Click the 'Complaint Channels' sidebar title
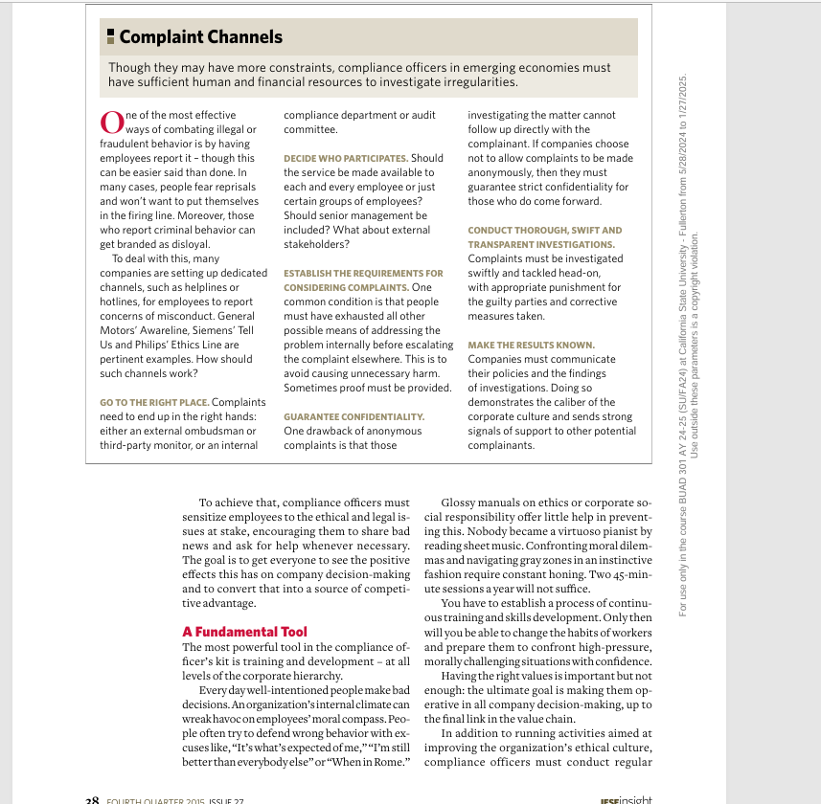coord(200,37)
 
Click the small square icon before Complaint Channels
coord(111,37)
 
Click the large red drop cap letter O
coord(111,123)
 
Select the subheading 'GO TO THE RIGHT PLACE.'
coord(154,402)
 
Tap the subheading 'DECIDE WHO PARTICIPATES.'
coord(346,158)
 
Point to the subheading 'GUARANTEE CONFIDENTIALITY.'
coord(353,416)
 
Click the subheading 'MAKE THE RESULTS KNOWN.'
coord(531,345)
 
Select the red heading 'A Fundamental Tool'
coord(244,632)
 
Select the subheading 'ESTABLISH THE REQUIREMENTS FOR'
coord(363,273)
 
